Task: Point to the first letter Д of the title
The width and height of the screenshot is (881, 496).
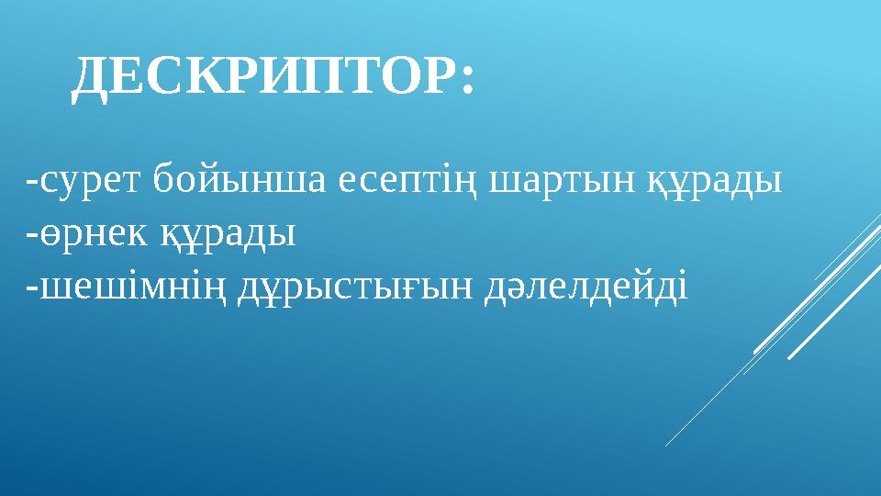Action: tap(92, 79)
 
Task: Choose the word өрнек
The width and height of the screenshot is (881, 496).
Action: tap(84, 235)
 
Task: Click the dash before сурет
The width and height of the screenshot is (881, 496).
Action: tap(33, 182)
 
